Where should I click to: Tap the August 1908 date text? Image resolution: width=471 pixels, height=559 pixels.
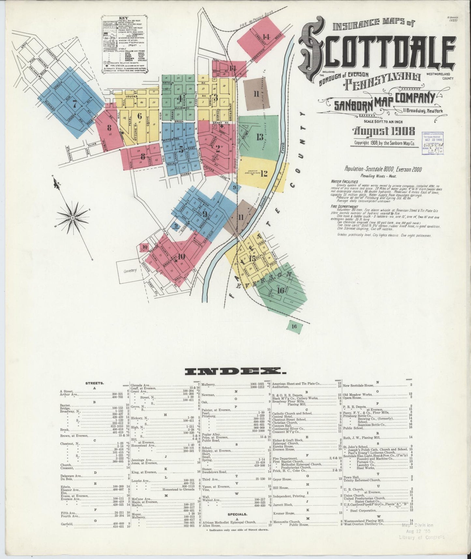[x=384, y=131]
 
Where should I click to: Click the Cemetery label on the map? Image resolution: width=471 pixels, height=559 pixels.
[x=130, y=270]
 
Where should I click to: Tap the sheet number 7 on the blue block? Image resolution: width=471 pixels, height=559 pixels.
[x=75, y=104]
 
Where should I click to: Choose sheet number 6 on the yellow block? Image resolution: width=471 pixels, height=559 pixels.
[x=140, y=116]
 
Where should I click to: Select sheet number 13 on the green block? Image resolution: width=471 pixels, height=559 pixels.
[x=259, y=137]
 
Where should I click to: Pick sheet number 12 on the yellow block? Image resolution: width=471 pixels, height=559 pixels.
[x=264, y=174]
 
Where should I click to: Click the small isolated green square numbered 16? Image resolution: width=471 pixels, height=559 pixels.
[x=294, y=326]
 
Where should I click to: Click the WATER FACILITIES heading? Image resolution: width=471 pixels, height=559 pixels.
[x=345, y=181]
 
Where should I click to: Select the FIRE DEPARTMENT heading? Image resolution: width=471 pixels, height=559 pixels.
[x=344, y=206]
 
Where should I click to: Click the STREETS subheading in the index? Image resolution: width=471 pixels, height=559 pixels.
[x=95, y=383]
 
